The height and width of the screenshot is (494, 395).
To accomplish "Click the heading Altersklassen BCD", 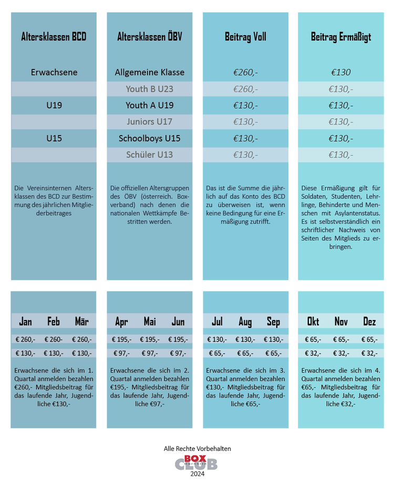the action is pos(54,37).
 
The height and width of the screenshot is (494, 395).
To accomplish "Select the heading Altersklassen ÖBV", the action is pos(150,37).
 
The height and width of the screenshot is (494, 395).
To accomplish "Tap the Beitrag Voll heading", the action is pos(245,37).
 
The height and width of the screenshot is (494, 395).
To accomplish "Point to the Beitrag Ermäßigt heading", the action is pos(341,37).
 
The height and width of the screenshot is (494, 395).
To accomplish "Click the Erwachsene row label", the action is pos(54,73).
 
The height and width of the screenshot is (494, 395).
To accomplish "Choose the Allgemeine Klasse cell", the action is pos(150,73).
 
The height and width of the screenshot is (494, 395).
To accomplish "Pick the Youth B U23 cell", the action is pos(150,89).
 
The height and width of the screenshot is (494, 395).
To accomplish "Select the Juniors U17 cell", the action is pos(150,121).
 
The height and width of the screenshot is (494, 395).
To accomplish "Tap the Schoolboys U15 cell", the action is pos(150,138).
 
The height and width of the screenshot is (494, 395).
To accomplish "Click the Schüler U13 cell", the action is pos(150,155).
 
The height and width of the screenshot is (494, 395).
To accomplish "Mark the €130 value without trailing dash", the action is pos(341,73).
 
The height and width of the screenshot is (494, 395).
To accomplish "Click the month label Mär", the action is pos(81,322).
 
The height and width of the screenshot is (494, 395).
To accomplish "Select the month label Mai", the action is pos(150,322).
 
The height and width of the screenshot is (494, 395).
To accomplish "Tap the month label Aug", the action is pos(245,322).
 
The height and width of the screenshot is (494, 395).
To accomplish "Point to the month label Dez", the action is pos(369,322).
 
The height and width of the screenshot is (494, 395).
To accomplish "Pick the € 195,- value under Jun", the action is pos(178,339).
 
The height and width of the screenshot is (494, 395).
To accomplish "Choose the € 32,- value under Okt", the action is pos(313,354).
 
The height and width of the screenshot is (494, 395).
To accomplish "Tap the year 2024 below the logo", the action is pos(197,474).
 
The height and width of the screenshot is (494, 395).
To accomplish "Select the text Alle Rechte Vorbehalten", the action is pos(197,449).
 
